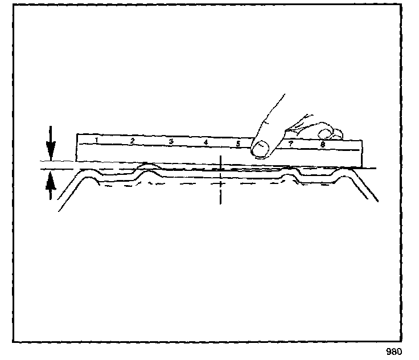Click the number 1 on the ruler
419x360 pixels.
[x=97, y=140]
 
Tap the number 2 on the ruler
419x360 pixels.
[x=132, y=141]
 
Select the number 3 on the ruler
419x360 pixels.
[x=170, y=141]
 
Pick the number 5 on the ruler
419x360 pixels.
[x=239, y=143]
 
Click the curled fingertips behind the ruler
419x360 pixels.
[x=330, y=133]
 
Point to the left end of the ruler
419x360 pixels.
[x=78, y=148]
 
